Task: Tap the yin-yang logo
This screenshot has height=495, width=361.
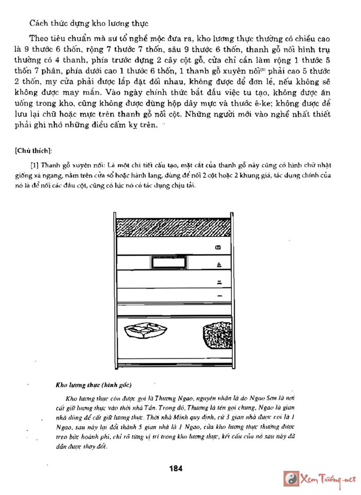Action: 291,478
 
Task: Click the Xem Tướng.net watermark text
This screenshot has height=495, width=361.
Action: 328,479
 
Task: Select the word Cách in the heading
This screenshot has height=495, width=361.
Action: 37,23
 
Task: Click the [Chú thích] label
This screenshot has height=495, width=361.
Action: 33,149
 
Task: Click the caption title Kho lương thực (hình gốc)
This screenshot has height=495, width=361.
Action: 94,385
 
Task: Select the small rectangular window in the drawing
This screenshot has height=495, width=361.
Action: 169,263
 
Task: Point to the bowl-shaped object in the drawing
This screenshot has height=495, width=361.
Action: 145,331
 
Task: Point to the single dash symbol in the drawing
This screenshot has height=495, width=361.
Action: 219,296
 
